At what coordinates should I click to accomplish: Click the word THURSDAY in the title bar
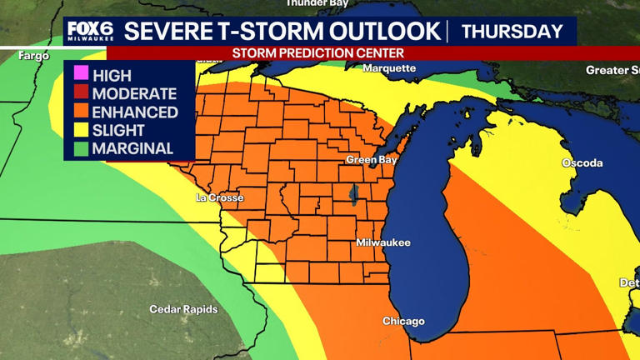click(x=512, y=32)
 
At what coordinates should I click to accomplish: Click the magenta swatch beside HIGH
click(x=81, y=76)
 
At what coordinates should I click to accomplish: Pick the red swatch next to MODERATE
click(x=81, y=94)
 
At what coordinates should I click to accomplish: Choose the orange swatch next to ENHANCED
click(x=81, y=112)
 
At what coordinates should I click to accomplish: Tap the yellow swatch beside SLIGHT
click(x=81, y=131)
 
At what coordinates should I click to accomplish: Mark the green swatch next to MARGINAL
click(x=81, y=149)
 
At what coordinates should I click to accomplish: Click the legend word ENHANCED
click(x=135, y=112)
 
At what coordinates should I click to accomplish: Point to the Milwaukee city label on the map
click(x=383, y=242)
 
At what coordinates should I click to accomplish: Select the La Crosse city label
click(x=219, y=198)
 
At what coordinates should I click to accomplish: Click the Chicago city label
click(x=403, y=321)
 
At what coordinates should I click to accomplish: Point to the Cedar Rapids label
click(x=183, y=309)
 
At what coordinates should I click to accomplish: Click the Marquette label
click(x=389, y=68)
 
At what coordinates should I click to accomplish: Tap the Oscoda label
click(x=582, y=162)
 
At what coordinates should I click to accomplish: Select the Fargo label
click(x=36, y=55)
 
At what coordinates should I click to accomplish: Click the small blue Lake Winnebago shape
click(x=353, y=197)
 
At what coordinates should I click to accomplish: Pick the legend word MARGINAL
click(x=132, y=149)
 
